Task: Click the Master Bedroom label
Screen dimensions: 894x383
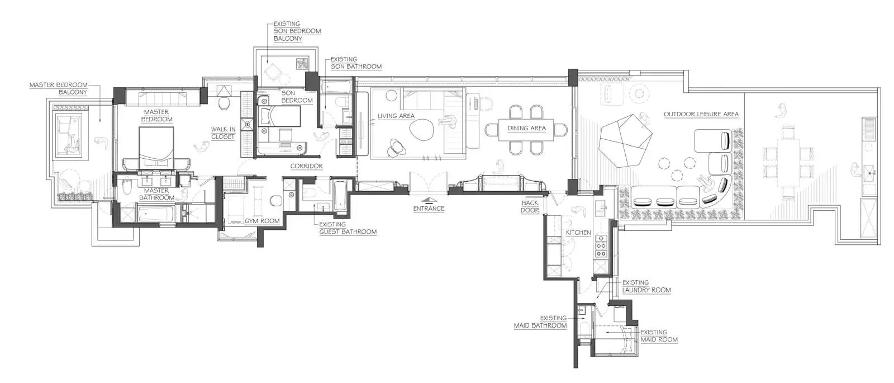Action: point(156,115)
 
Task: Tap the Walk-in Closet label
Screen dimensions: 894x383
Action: point(223,133)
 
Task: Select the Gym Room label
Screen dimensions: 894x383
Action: point(262,221)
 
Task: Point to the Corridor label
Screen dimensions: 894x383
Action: point(307,166)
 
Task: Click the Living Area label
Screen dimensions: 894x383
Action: point(396,116)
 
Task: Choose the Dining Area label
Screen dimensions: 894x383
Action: point(527,128)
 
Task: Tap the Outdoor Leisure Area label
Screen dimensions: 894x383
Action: point(701,114)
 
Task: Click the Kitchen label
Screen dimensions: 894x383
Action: point(578,233)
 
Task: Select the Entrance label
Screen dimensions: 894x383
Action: point(429,209)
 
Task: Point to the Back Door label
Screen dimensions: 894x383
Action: point(530,206)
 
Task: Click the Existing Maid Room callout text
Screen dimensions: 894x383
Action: point(659,336)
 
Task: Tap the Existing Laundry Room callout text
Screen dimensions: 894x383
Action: point(646,286)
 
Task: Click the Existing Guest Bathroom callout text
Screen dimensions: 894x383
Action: point(348,228)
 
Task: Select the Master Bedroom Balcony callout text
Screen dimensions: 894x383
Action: point(59,89)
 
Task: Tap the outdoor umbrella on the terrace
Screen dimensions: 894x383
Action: point(626,140)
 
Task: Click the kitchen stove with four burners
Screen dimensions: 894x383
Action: point(601,245)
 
